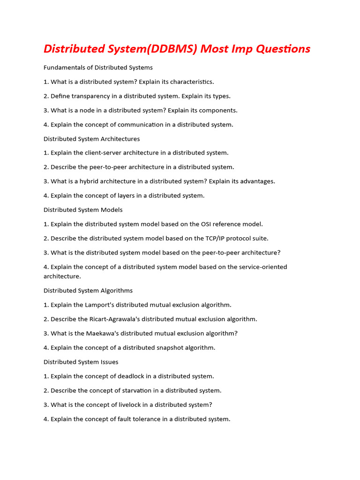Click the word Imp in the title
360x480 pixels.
(x=242, y=49)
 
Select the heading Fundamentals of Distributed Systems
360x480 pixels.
(x=98, y=67)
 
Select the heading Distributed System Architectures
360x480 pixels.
(x=91, y=139)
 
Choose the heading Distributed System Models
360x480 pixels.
(x=83, y=210)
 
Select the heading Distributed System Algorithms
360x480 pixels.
(x=88, y=291)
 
